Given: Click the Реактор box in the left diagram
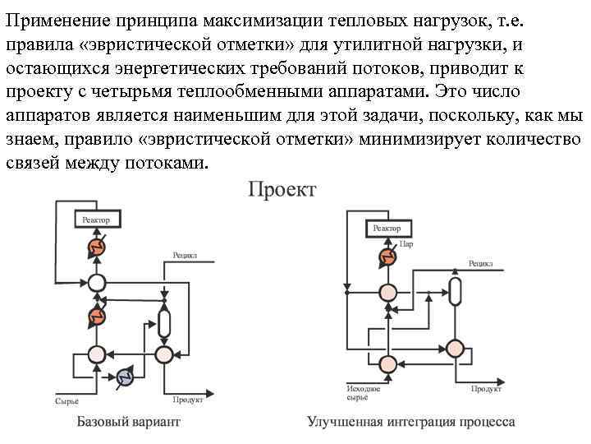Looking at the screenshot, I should point(98,220).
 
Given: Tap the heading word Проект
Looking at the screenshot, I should point(282,190).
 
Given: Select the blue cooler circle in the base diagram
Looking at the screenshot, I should point(126,376).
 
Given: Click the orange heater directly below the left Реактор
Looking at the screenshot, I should point(97,247).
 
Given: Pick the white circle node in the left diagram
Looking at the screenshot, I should point(97,282).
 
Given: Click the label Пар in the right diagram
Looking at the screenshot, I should point(406,243).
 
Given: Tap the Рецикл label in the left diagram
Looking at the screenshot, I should point(185,255).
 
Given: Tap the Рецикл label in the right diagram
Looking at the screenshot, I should point(480,264).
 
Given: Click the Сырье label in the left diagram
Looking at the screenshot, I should point(66,401).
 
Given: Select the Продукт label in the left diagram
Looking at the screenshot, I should point(188,400).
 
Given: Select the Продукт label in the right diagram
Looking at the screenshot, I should point(486,387).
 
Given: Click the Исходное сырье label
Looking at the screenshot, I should point(357,391).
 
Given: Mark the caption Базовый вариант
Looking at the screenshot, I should point(128,422).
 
